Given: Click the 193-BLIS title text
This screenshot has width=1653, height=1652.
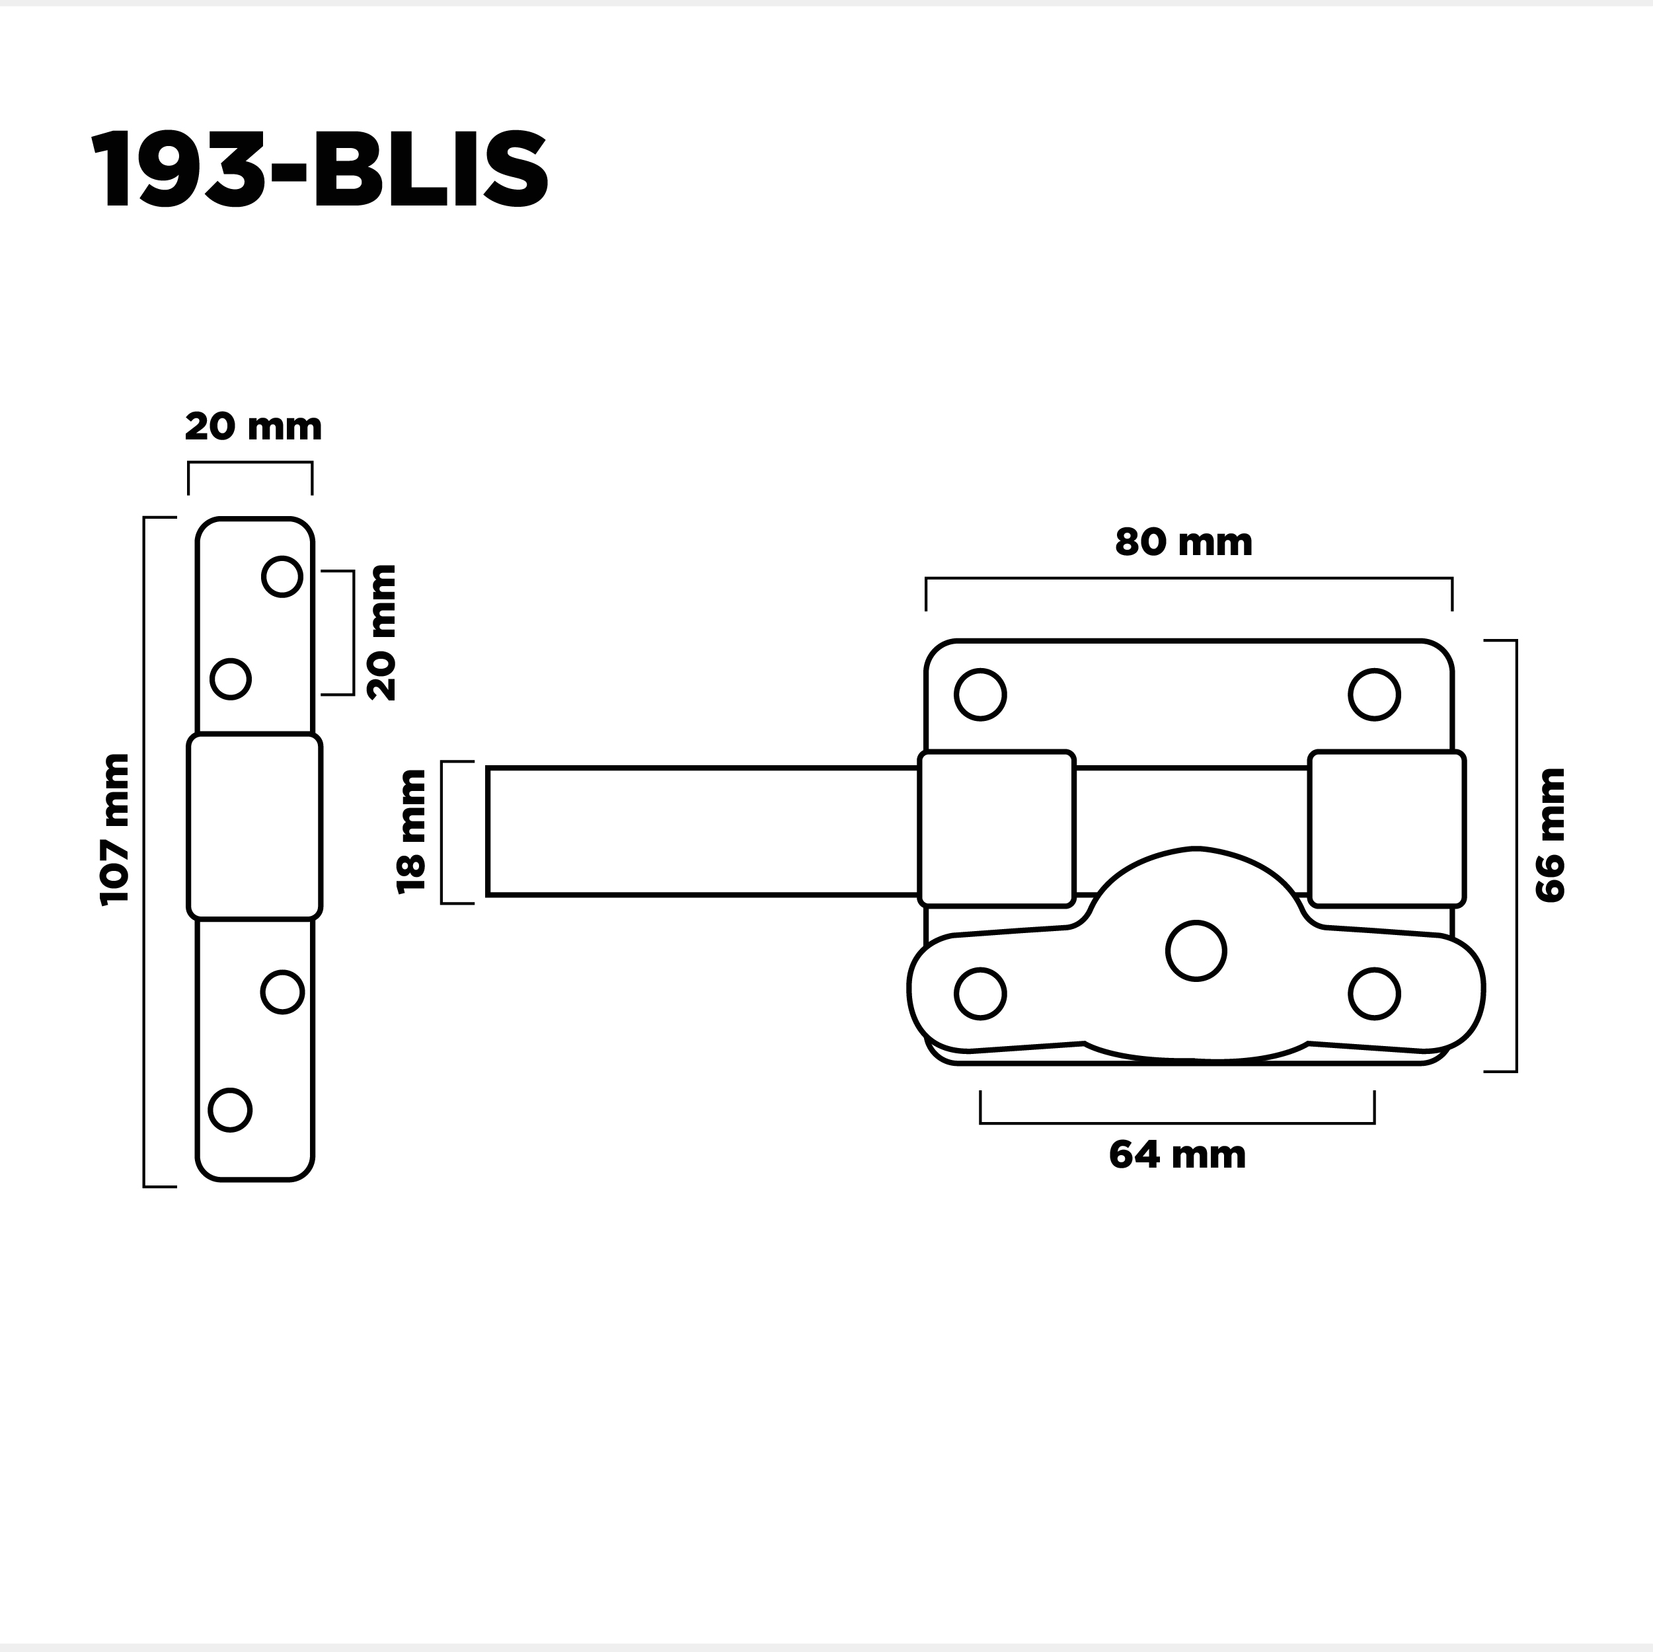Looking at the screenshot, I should click(x=319, y=169).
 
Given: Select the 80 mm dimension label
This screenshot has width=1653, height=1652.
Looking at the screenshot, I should click(x=1183, y=543).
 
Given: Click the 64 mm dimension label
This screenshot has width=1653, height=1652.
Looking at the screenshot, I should click(x=1176, y=1156).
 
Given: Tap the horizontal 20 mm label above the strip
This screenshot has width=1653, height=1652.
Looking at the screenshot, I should click(x=253, y=427).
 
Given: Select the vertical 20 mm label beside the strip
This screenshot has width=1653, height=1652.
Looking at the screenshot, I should click(x=381, y=632).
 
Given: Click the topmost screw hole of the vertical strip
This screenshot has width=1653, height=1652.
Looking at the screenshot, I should click(x=282, y=577).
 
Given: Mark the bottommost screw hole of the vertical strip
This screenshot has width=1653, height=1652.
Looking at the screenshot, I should click(x=229, y=1109).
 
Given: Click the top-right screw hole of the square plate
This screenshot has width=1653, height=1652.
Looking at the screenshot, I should click(x=1374, y=695).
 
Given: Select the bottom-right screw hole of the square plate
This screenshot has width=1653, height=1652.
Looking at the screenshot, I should click(x=1374, y=993).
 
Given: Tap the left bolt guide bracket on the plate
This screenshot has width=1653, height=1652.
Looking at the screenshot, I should click(x=996, y=828).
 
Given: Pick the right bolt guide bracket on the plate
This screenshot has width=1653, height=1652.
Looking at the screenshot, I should click(x=1387, y=828).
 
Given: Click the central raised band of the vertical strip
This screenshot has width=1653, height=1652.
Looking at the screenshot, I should click(x=254, y=825).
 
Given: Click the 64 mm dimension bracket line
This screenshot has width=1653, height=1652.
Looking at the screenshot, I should click(x=1176, y=1123).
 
